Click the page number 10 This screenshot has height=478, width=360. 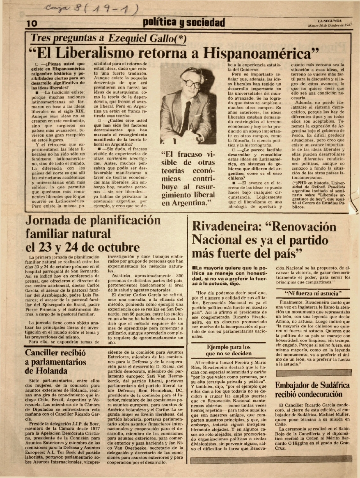32,24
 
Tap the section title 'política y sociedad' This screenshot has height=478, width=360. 184,22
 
